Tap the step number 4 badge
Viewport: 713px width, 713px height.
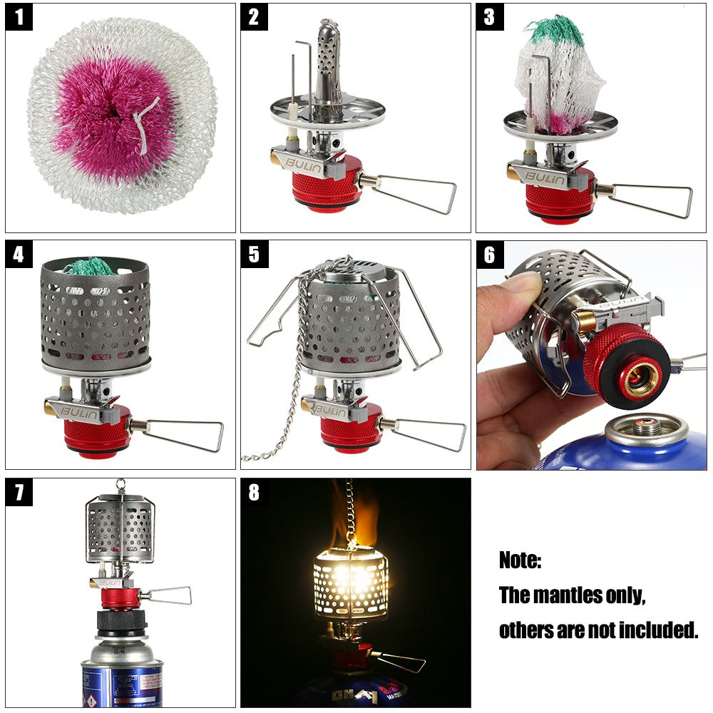(19, 254)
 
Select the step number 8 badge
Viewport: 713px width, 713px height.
(255, 491)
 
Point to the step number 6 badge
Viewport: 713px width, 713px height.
(490, 254)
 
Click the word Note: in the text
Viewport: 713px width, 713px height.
(520, 560)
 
